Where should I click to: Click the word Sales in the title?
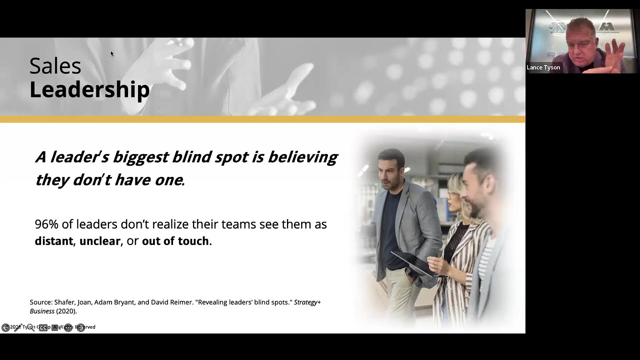pos(55,66)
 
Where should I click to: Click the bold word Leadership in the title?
pos(89,89)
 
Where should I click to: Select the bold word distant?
pos(54,241)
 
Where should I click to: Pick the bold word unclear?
pos(99,241)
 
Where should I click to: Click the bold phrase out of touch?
pos(175,241)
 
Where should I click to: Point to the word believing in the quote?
pos(302,157)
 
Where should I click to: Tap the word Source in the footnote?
pos(41,302)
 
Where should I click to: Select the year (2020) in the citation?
pos(66,311)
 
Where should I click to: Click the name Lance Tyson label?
pos(543,67)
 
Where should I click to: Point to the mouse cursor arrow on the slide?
pos(112,53)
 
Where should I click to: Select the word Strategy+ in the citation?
pos(307,302)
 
